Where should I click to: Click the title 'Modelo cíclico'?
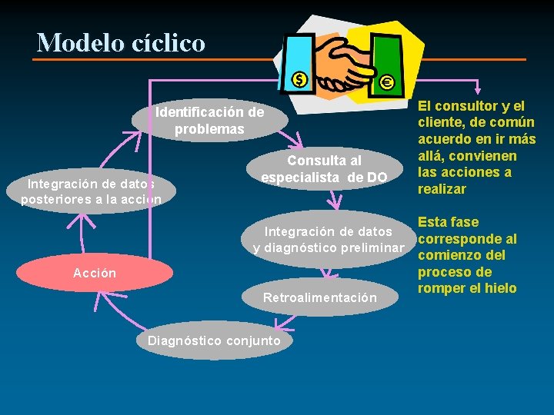(121, 42)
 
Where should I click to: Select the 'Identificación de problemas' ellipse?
(209, 121)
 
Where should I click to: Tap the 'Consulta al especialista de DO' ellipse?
(324, 169)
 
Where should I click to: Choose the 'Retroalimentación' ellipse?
(320, 297)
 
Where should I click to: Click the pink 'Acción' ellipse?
(95, 273)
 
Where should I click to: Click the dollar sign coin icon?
(299, 79)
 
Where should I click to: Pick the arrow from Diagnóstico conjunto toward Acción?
(115, 307)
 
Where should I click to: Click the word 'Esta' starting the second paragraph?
(432, 222)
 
